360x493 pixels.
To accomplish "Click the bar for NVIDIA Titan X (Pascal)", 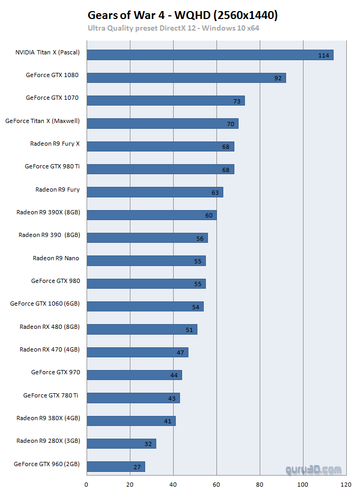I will pos(210,55).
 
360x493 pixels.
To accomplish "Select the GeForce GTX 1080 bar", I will pos(186,78).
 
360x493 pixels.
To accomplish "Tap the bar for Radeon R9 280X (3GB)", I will pos(121,443).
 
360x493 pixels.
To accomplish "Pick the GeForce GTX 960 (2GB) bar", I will pos(116,466).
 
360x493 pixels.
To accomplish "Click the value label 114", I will pos(324,55).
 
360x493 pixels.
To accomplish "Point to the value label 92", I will pos(278,78).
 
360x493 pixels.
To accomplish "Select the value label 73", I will pos(237,101).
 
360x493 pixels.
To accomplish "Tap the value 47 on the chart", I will pos(180,352).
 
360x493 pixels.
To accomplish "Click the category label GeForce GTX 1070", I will pos(52,98).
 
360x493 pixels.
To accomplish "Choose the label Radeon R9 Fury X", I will pos(55,144).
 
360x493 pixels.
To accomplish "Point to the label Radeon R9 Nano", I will pos(56,258).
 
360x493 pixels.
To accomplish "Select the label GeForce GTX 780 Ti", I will pos(51,395).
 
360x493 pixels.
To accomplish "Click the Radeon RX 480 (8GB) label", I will pos(50,327).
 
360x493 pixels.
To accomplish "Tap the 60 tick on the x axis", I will pos(216,483).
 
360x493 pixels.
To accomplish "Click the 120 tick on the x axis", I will pos(346,483).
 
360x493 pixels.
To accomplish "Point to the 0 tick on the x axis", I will pos(87,483).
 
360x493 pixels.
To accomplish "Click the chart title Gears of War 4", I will pos(183,15).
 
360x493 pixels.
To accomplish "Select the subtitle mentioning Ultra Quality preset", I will pos(173,28).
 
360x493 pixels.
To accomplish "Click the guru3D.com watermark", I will pos(314,469).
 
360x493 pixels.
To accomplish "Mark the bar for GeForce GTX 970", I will pos(134,375).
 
